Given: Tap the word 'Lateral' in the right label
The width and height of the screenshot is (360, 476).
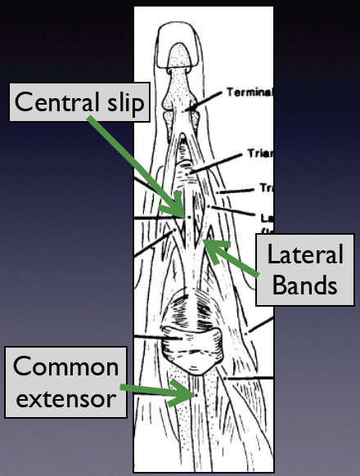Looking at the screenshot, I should [x=306, y=255].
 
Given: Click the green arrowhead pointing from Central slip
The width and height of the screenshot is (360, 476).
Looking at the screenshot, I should [x=181, y=211].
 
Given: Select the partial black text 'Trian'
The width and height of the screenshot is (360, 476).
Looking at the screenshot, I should [x=260, y=153].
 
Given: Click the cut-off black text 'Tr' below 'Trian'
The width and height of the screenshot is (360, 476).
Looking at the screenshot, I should [x=266, y=187].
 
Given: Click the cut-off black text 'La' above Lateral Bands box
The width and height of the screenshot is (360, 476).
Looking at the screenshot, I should [x=266, y=218].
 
